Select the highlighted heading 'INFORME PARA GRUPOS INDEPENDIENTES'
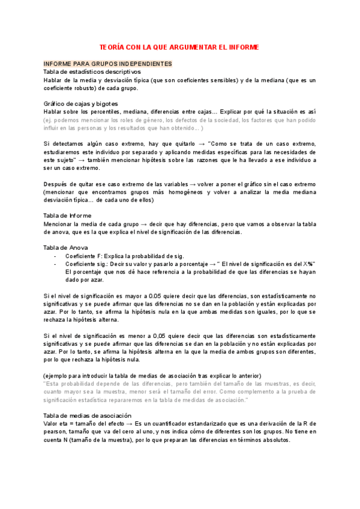tap(108, 64)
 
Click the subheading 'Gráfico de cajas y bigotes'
tap(81, 104)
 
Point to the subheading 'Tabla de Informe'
tap(68, 215)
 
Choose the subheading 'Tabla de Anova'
tap(66, 247)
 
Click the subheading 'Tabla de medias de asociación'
tap(88, 415)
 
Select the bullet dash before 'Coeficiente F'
tap(55, 256)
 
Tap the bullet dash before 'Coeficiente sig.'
tap(55, 264)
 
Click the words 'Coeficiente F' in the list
tap(82, 256)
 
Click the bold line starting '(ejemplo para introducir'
tap(152, 375)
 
